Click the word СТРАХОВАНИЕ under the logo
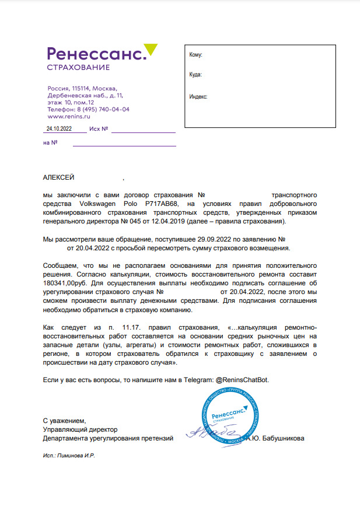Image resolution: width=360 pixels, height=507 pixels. pyautogui.click(x=78, y=68)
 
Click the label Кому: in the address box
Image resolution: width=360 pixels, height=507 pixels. pyautogui.click(x=195, y=55)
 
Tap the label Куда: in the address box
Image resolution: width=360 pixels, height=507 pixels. pyautogui.click(x=195, y=75)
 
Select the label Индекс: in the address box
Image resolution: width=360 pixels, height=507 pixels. pyautogui.click(x=198, y=97)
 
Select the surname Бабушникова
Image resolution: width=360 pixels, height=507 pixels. pyautogui.click(x=284, y=438)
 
